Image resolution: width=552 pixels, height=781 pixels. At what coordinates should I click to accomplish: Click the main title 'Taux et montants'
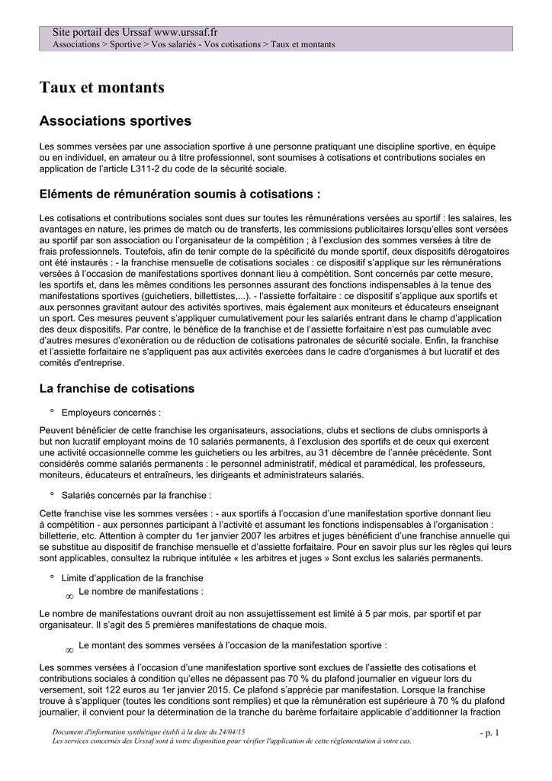point(101,88)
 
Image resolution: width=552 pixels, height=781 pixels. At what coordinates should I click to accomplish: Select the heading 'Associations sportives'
point(115,121)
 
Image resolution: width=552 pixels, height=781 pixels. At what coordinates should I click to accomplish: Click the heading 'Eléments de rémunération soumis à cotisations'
point(179,193)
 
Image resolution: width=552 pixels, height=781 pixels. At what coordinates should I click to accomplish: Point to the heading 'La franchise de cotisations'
point(117,388)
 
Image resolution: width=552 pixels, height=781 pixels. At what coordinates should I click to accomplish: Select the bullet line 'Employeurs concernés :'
point(111,413)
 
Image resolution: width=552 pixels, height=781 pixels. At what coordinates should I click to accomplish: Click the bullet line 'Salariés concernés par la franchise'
point(136,495)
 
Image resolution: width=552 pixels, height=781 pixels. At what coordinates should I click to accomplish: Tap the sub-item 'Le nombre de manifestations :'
point(141,591)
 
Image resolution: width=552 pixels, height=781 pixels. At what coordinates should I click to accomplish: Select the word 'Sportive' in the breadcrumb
point(125,44)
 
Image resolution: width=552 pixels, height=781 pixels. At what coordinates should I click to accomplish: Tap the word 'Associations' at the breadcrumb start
point(76,44)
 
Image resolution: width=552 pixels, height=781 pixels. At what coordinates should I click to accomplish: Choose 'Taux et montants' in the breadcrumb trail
point(303,44)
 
